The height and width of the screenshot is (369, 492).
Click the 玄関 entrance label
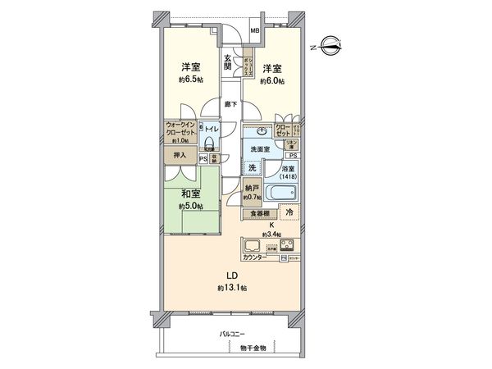tap(230, 64)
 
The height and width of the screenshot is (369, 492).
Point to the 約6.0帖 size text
tap(272, 81)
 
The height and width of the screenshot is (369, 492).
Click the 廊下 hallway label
tap(231, 103)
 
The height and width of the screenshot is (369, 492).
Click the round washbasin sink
tap(262, 130)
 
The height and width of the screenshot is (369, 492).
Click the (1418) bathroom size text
tap(289, 176)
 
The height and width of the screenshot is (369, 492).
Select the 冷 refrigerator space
tap(289, 212)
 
